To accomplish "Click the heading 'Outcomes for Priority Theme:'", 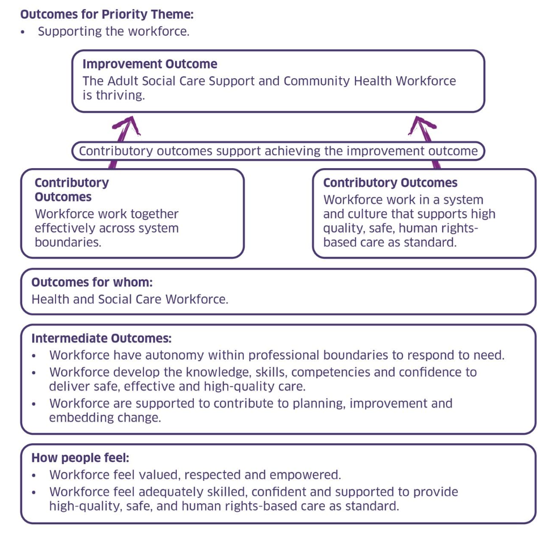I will pos(107,15).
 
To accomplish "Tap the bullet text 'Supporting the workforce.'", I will pos(113,32).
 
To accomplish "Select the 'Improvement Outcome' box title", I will pos(150,64).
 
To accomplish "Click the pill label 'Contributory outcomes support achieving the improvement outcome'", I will pos(278,151).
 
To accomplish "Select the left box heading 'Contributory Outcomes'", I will pos(71,190).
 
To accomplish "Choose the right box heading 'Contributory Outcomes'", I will pos(390,183).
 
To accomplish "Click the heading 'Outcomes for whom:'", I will pos(92,282).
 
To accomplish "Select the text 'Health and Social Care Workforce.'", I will pos(130,299).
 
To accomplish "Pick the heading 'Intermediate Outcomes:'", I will pos(101,338).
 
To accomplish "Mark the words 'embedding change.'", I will pos(105,418).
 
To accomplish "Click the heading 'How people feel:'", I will pos(80,458).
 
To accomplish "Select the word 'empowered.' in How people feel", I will pos(309,475).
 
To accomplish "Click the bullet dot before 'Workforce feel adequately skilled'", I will pos(35,492).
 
